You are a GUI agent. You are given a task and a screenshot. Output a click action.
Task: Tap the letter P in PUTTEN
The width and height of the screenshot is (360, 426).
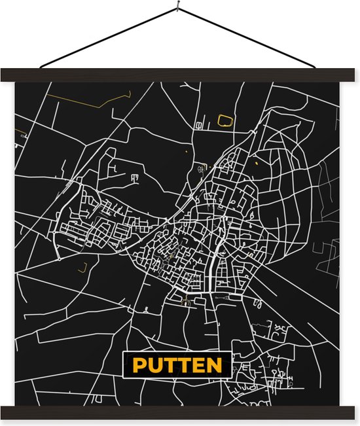point(138,365)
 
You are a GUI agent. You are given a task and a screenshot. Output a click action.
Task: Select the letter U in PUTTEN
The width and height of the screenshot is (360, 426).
point(153,365)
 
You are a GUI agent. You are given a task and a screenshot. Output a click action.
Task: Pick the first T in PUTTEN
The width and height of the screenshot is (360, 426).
point(168,365)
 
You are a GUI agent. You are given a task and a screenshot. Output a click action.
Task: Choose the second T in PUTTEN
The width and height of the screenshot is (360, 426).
point(183,365)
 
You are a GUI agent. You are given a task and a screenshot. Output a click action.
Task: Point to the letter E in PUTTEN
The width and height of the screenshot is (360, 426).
point(197,365)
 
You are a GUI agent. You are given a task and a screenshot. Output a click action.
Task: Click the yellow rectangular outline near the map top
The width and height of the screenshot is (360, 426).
point(225,120)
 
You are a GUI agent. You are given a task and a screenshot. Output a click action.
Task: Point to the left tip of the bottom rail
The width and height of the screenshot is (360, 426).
point(3,412)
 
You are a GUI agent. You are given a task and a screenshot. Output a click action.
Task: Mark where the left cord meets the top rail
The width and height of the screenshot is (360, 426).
point(41,68)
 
